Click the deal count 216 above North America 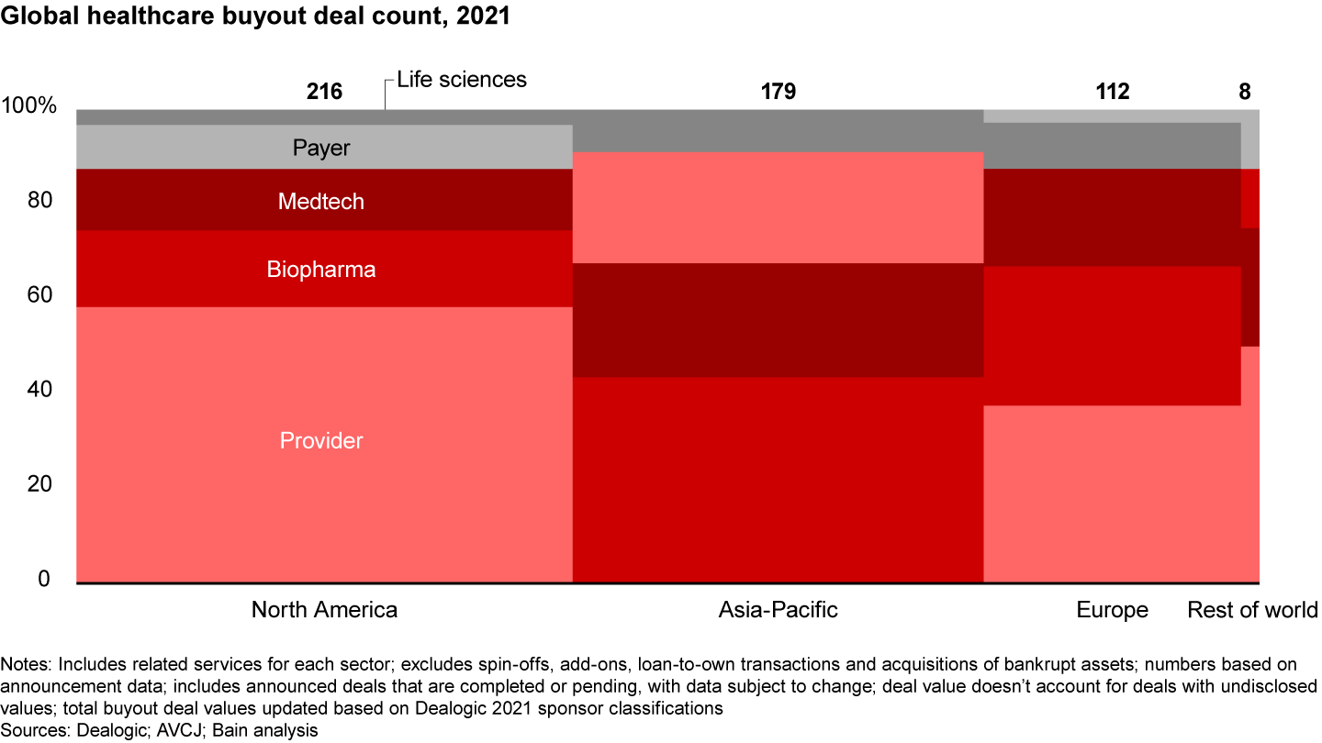click(x=324, y=92)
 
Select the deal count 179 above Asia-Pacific click(x=778, y=92)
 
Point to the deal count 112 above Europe click(x=1112, y=92)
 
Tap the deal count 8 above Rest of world click(x=1244, y=92)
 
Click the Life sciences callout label click(x=462, y=80)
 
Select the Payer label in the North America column click(x=321, y=148)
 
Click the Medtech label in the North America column click(x=321, y=201)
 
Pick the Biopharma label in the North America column click(x=321, y=270)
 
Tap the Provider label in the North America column click(x=321, y=441)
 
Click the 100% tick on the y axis click(x=29, y=106)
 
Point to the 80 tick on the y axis click(x=40, y=201)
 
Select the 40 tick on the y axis click(x=40, y=390)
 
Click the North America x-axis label click(x=324, y=610)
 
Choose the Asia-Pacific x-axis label click(x=778, y=610)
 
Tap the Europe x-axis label click(x=1112, y=611)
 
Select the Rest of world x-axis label click(x=1252, y=611)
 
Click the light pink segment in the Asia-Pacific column click(x=778, y=207)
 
